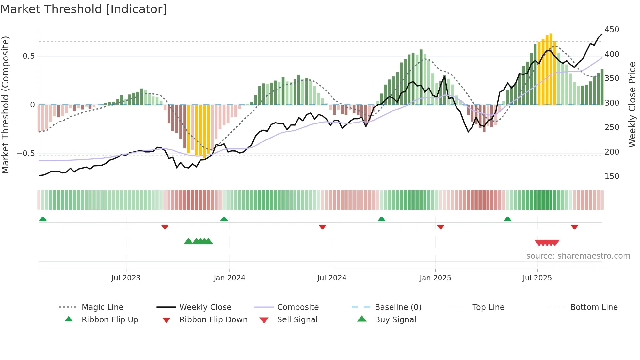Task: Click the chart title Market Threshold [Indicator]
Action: tap(84, 9)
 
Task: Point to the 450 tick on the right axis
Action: tap(612, 30)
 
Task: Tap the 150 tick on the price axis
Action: tap(612, 176)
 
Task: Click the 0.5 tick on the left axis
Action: tap(28, 56)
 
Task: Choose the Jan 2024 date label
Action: tap(229, 278)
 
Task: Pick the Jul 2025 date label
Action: tap(537, 278)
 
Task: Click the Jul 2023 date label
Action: tap(126, 278)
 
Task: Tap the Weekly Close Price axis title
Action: tap(632, 105)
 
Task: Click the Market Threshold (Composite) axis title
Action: tap(5, 105)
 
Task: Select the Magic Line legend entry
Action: tap(102, 307)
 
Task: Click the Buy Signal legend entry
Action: tap(395, 320)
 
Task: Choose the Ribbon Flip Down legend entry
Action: tap(213, 320)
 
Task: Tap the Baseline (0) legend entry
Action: tap(398, 307)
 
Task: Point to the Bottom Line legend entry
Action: tap(594, 307)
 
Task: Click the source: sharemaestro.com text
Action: tap(578, 256)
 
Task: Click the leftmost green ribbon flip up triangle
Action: tap(43, 219)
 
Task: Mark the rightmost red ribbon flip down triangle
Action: tap(574, 227)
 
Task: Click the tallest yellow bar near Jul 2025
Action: tap(551, 69)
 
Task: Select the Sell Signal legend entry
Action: tap(297, 320)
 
